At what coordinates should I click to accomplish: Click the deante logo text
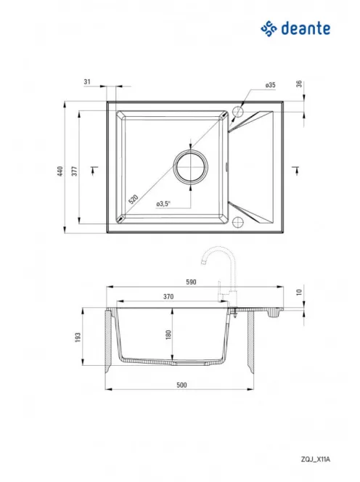(306, 28)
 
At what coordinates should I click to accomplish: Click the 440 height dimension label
(60, 171)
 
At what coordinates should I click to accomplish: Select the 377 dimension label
(75, 171)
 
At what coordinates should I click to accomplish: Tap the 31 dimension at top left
(87, 82)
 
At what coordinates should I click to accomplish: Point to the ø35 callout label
(271, 85)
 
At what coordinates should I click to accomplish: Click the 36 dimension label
(299, 83)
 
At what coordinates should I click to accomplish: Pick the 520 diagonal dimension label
(133, 199)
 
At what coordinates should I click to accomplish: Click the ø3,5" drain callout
(163, 204)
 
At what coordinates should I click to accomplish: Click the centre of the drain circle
(191, 168)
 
